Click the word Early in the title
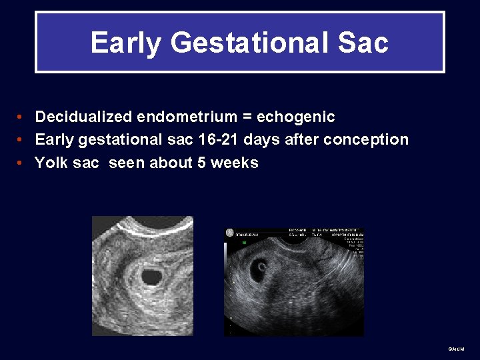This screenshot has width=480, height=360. click(x=125, y=43)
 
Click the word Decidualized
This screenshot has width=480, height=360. click(x=84, y=117)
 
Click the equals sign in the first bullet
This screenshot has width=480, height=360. click(x=247, y=117)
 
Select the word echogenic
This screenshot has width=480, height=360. click(x=295, y=117)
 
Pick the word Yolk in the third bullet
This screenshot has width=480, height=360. click(x=51, y=163)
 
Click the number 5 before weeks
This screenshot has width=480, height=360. click(x=201, y=163)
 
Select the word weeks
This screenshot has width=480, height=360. click(x=234, y=163)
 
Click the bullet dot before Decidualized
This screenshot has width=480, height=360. click(x=21, y=117)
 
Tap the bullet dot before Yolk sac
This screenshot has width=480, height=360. click(x=21, y=163)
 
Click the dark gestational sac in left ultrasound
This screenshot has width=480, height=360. click(x=153, y=275)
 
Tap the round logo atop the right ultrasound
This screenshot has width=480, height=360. click(x=230, y=233)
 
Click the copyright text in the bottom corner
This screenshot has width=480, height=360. click(x=457, y=349)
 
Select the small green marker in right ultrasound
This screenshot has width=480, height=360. click(x=244, y=243)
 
